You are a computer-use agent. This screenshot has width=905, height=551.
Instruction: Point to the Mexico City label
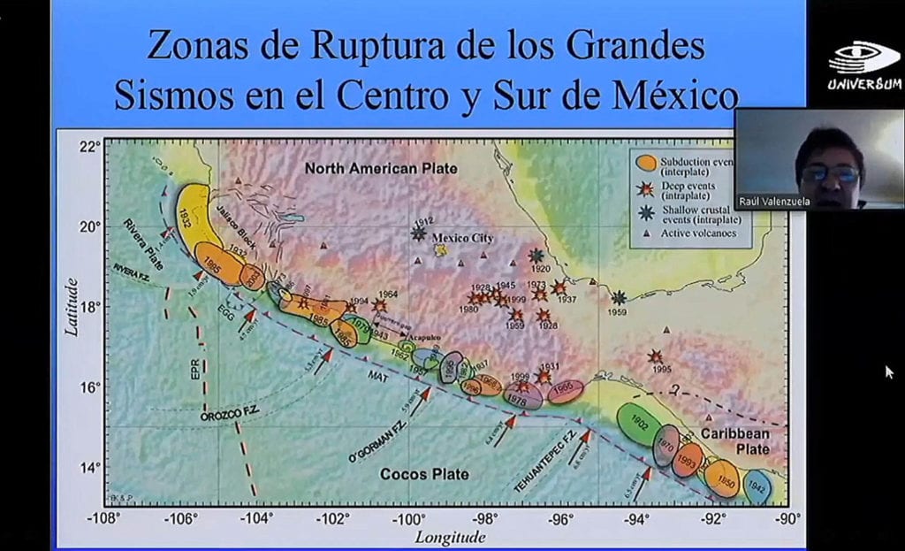[x=462, y=238]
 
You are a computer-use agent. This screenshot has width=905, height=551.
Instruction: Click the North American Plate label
[x=381, y=168]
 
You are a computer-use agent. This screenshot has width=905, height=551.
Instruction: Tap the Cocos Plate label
[x=424, y=474]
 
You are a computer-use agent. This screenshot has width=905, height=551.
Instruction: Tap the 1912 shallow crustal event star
[x=418, y=233]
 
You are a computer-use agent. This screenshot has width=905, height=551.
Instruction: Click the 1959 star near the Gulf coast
[x=620, y=298]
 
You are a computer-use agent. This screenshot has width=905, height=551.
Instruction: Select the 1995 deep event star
[x=655, y=356]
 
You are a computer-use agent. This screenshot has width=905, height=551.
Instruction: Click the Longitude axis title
[x=450, y=536]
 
